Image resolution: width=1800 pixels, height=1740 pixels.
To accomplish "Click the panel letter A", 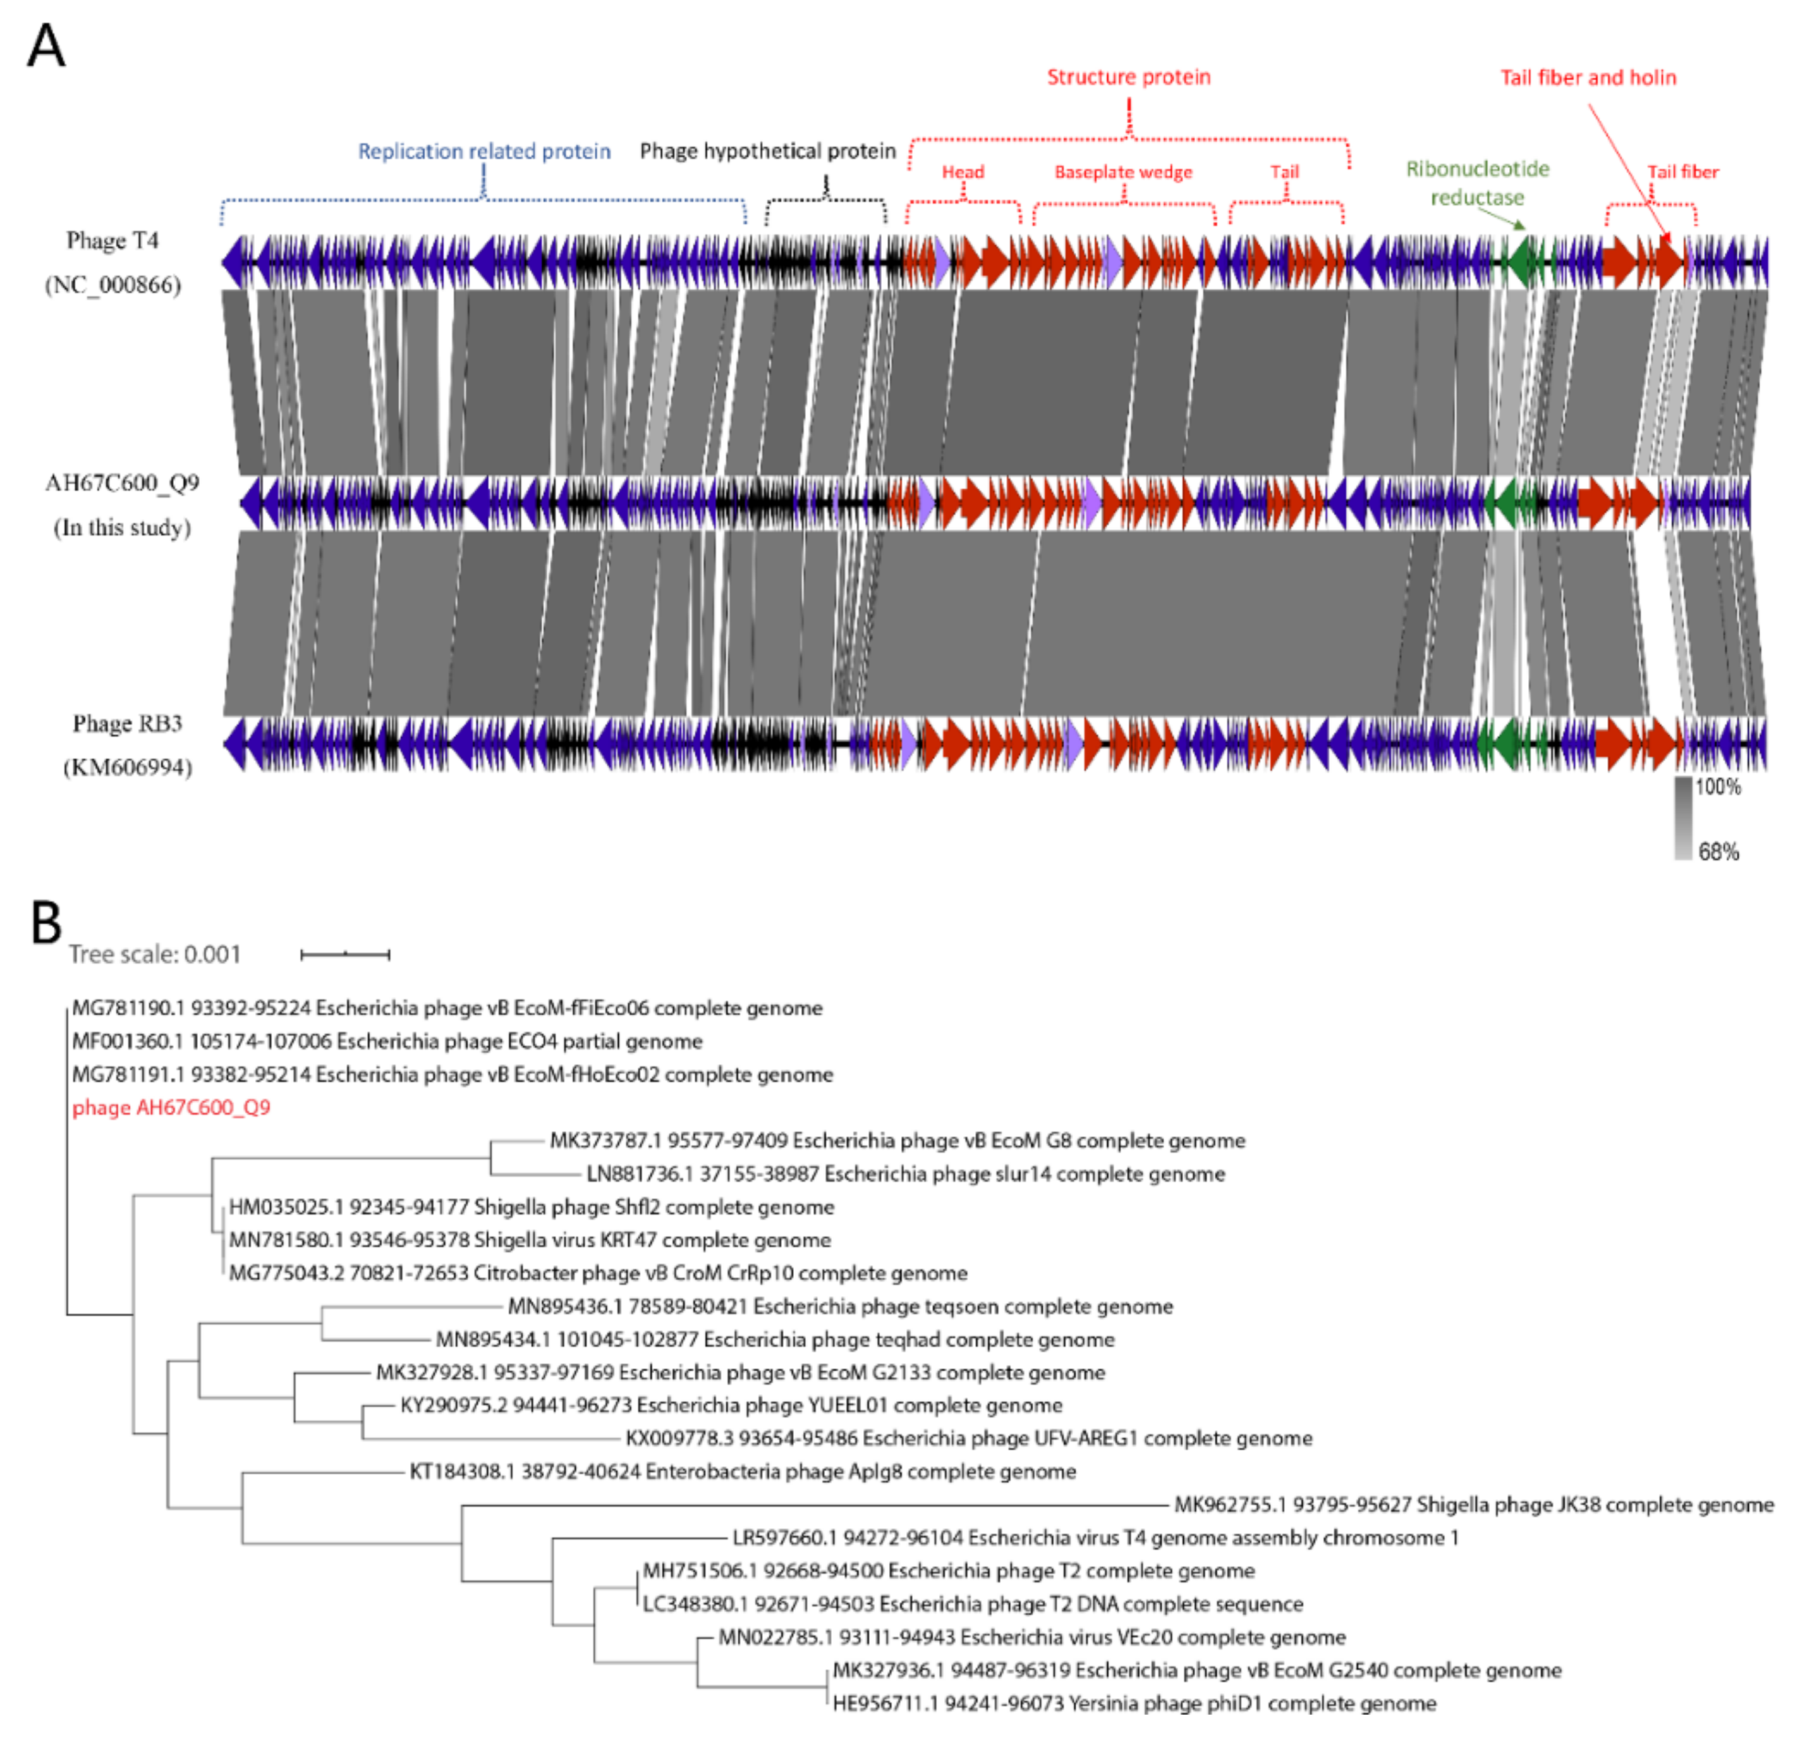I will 46,46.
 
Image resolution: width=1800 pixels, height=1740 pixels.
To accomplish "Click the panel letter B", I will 46,922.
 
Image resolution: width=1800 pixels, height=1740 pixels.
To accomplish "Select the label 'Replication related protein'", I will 484,152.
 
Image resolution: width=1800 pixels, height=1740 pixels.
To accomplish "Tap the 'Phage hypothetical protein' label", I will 768,152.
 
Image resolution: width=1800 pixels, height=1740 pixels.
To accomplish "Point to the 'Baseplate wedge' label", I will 1123,173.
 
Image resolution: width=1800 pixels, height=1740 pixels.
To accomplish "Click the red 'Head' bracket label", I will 963,173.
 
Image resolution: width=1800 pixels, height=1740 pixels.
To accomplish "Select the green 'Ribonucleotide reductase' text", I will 1477,183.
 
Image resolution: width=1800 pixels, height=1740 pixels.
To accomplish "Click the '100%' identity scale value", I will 1717,787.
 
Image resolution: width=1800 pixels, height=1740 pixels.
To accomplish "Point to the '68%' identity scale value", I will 1717,852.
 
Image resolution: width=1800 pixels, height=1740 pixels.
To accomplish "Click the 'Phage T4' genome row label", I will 112,241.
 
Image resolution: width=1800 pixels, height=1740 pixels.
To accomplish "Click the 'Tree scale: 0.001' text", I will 154,955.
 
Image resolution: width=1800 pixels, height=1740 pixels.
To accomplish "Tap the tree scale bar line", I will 345,955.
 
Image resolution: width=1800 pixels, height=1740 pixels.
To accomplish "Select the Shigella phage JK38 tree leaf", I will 1474,1505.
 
